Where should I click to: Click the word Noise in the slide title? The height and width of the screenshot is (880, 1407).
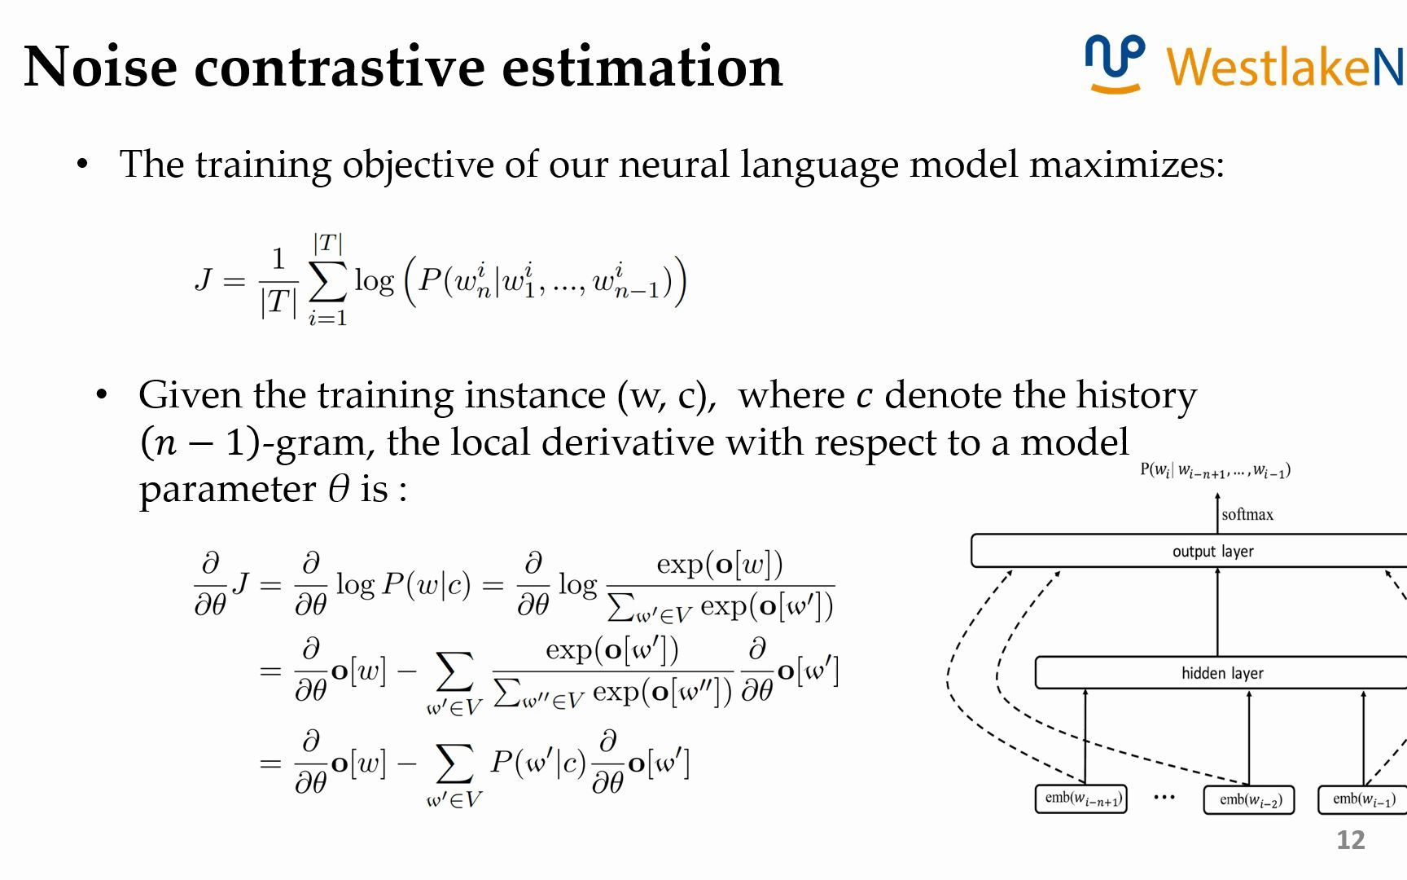pyautogui.click(x=100, y=67)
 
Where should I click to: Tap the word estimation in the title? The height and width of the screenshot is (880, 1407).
pyautogui.click(x=642, y=67)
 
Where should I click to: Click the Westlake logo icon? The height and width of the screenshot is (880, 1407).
pyautogui.click(x=1115, y=64)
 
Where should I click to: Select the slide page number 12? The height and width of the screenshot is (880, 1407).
pyautogui.click(x=1350, y=840)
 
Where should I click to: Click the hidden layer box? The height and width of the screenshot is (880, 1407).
pyautogui.click(x=1221, y=673)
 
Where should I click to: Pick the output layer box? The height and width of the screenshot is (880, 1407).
pyautogui.click(x=1190, y=551)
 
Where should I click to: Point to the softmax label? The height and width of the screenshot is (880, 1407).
pyautogui.click(x=1247, y=514)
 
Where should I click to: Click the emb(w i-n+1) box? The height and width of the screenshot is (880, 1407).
pyautogui.click(x=1081, y=799)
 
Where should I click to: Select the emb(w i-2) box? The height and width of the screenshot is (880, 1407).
pyautogui.click(x=1249, y=799)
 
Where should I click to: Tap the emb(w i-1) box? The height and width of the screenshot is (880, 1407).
pyautogui.click(x=1363, y=799)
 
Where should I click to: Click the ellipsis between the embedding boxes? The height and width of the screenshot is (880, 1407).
pyautogui.click(x=1164, y=797)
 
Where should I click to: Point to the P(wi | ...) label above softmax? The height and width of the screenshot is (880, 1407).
pyautogui.click(x=1215, y=471)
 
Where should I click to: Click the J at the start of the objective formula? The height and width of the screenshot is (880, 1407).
pyautogui.click(x=204, y=280)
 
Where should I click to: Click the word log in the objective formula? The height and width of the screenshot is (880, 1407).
pyautogui.click(x=375, y=281)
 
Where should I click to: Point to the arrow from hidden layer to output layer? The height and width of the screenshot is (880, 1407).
pyautogui.click(x=1218, y=611)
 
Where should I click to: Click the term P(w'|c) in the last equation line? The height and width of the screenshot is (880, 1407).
pyautogui.click(x=538, y=763)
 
